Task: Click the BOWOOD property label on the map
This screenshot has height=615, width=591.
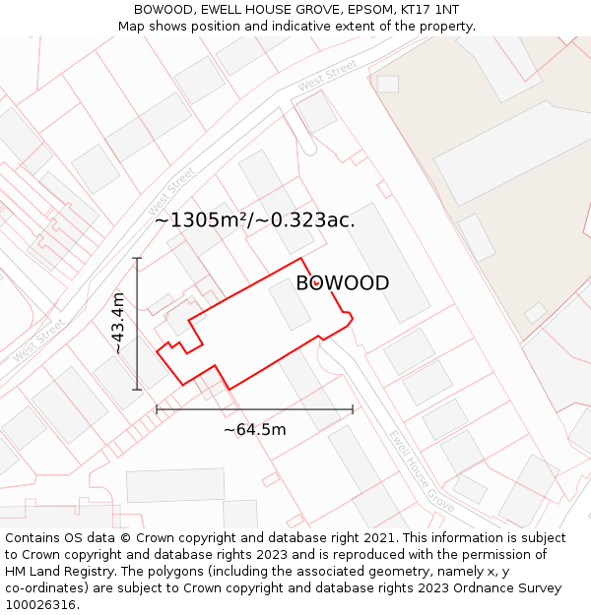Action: pos(342,283)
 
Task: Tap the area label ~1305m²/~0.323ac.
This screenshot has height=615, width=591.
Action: pos(254,220)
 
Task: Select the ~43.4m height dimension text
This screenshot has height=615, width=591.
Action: pos(118,323)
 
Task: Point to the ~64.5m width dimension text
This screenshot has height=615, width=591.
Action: pos(254,429)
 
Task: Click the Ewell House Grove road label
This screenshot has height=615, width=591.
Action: pos(421,469)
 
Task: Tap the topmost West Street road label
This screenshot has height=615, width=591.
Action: pos(328,77)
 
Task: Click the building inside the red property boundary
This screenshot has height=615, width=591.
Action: pos(291,305)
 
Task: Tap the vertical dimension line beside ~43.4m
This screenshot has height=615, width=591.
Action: pos(137,324)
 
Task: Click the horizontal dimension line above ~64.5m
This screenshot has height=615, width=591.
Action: pos(254,409)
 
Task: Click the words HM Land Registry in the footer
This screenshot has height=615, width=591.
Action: pos(54,572)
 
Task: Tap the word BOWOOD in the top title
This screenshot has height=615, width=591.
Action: pos(166,9)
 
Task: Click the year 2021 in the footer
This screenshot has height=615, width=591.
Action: pos(379,538)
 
